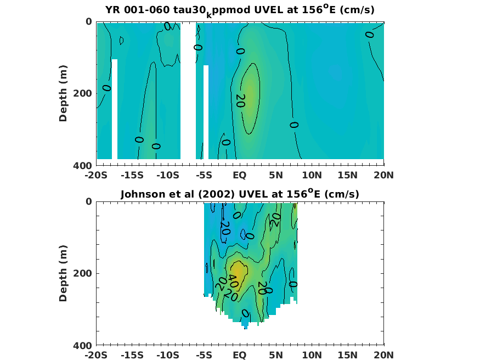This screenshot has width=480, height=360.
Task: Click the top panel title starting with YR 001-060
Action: [x=240, y=10]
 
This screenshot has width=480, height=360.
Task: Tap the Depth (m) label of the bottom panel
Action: [x=63, y=273]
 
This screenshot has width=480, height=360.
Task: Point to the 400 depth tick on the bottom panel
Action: [x=85, y=345]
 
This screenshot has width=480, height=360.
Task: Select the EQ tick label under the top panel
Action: [x=240, y=176]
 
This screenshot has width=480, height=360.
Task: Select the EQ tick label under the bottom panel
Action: [x=240, y=356]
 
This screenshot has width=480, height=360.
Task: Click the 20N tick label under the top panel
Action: [x=383, y=176]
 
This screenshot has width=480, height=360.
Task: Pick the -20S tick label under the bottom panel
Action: [x=96, y=356]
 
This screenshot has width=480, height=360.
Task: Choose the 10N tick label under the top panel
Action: [x=312, y=176]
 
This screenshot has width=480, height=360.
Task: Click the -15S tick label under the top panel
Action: [x=132, y=176]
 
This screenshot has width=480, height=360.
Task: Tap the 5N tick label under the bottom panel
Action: [x=276, y=356]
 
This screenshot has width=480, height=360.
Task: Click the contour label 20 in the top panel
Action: [x=240, y=100]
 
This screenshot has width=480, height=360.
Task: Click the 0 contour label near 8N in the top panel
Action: [x=294, y=125]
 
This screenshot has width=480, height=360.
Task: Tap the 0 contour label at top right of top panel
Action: [x=369, y=35]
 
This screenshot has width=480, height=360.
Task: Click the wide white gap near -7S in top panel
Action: [x=188, y=91]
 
